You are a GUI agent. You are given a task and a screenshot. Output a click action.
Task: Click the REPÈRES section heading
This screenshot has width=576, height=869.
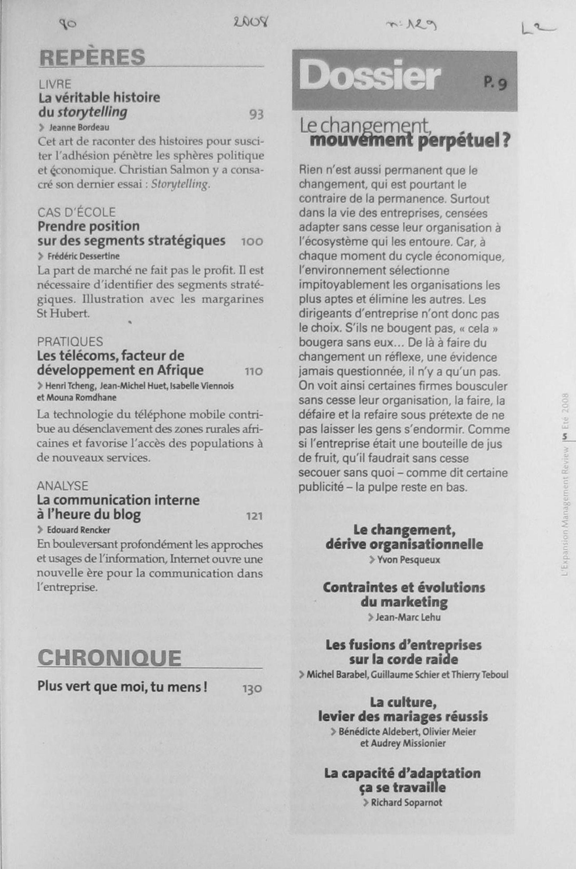click(92, 58)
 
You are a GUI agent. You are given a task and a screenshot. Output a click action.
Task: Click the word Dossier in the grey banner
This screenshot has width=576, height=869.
click(369, 76)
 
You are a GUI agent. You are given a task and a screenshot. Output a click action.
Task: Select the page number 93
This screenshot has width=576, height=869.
click(256, 115)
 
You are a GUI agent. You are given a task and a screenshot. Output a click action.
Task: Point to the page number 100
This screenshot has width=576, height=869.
click(252, 242)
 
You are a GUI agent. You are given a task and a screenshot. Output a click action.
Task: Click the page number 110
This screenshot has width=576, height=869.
click(254, 372)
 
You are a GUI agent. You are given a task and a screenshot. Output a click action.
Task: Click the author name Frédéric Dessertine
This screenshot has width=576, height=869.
click(83, 256)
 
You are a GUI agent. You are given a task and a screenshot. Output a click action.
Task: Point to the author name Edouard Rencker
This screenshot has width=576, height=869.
click(78, 530)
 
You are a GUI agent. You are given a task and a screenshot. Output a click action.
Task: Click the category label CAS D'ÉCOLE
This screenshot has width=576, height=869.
click(77, 212)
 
